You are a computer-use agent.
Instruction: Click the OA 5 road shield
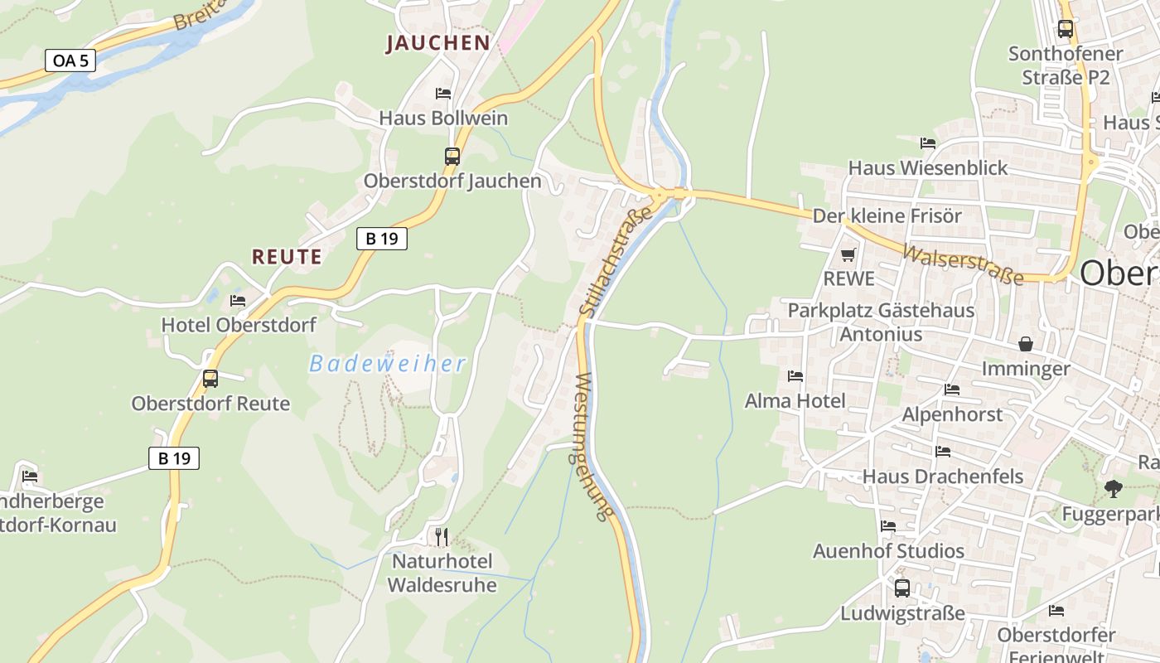click(70, 60)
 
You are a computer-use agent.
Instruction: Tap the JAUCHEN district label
click(437, 43)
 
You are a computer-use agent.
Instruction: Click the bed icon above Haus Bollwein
click(443, 94)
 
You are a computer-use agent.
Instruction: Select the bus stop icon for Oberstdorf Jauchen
click(452, 156)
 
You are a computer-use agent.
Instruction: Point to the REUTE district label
click(287, 257)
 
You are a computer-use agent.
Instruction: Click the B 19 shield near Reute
click(382, 239)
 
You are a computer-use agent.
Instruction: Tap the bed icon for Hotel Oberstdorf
click(238, 300)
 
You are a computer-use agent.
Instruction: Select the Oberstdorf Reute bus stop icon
click(210, 379)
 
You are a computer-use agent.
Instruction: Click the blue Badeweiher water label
click(388, 363)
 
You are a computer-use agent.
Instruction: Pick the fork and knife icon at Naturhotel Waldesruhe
click(442, 536)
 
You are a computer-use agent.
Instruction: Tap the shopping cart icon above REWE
click(848, 254)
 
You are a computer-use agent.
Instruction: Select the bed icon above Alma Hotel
click(795, 376)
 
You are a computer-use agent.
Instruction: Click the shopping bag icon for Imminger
click(1026, 343)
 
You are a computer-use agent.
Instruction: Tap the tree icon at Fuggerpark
click(1114, 489)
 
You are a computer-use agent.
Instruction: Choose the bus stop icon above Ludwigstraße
click(902, 588)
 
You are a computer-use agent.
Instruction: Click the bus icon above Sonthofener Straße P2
click(1066, 29)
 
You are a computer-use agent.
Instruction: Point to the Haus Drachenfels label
click(943, 477)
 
